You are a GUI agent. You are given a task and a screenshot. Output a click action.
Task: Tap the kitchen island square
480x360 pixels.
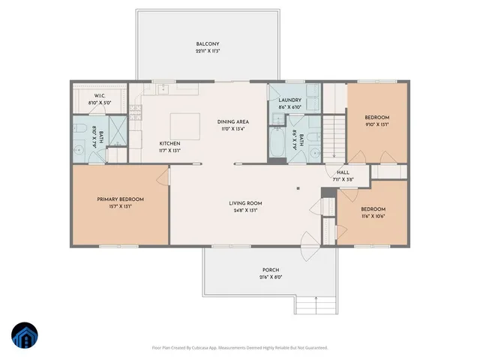184,125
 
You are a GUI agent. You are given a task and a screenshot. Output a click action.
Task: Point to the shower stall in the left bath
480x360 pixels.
118,130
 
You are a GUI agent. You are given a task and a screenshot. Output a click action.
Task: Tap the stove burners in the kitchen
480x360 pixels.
136,113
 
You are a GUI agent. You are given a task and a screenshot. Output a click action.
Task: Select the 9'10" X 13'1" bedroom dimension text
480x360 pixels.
376,125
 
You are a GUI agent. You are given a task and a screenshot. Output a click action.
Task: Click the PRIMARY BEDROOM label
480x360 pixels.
120,199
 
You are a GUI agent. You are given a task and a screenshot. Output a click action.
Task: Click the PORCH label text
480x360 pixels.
271,270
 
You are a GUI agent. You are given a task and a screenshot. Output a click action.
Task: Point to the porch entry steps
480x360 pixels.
316,304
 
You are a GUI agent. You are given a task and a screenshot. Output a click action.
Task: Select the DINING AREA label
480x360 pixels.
232,121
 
